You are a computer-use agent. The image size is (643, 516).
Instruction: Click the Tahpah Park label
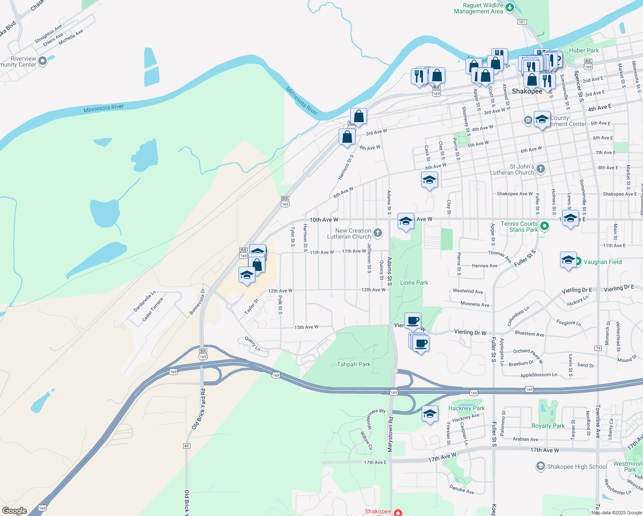pos(353,364)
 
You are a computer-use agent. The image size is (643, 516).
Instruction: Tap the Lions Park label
pos(414,283)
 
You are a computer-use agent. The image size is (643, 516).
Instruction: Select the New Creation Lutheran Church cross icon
pos(378,233)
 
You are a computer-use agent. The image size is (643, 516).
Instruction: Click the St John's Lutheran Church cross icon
pos(541,169)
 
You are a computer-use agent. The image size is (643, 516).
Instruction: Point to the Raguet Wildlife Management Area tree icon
pos(509,7)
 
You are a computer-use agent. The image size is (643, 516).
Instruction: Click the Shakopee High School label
pos(577,467)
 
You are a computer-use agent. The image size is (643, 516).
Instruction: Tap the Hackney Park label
pos(466,408)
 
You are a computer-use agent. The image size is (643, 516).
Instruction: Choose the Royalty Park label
pos(548,426)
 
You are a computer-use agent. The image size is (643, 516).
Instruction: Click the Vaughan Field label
pos(602,262)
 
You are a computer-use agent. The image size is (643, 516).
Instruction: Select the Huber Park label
pos(584,50)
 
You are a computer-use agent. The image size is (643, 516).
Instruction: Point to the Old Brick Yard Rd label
pos(199,409)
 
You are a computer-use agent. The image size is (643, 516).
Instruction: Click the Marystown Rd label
pos(390,434)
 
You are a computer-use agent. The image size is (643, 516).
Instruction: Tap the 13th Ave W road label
pos(306,327)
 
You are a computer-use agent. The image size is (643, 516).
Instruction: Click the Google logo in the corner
pos(14,511)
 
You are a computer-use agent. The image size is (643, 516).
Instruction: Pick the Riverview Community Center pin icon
pos(43,61)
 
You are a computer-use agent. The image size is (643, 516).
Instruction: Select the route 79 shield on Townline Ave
pos(598,348)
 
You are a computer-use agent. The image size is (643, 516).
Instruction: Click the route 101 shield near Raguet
pos(522,22)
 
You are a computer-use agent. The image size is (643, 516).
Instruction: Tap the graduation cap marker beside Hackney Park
pos(430,414)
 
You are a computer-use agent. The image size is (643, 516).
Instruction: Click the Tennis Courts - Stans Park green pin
pos(544,226)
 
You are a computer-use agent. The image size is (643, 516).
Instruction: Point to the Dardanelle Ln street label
pos(144,301)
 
